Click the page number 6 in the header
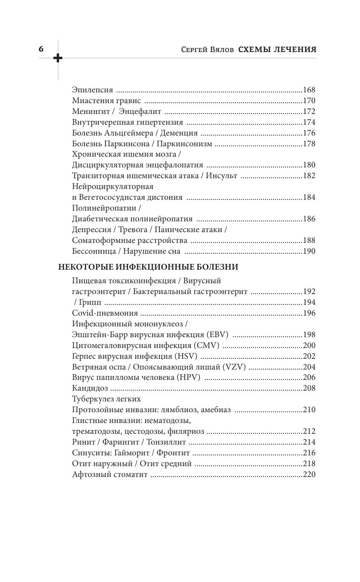[41, 49]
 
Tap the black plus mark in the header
[58, 58]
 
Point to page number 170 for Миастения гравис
[309, 100]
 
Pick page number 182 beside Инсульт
[309, 175]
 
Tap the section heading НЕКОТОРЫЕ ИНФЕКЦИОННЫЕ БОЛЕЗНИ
[148, 267]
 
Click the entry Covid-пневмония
[105, 313]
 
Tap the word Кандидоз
[90, 388]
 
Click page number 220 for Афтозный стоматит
[309, 474]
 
